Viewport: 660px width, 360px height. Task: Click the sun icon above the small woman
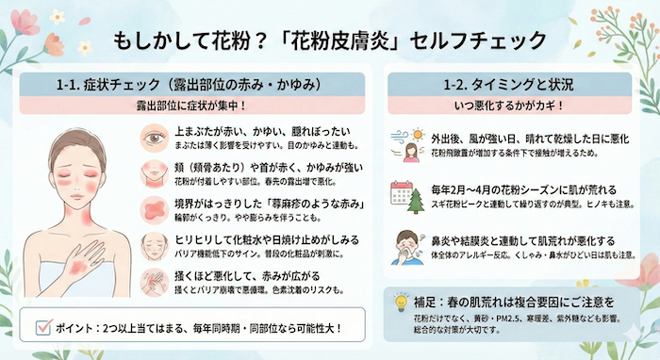pyautogui.click(x=401, y=137)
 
